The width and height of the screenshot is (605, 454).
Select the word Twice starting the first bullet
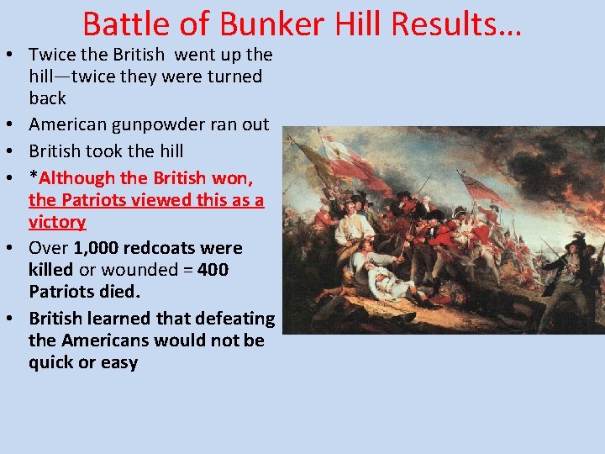(52, 55)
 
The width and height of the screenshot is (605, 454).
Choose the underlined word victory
(57, 222)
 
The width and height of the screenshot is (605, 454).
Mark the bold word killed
(50, 270)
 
